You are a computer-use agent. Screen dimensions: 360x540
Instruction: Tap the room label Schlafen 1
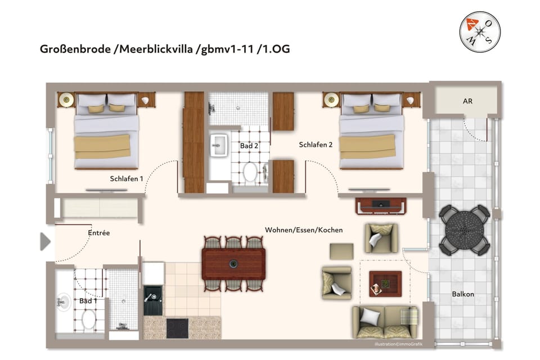126,178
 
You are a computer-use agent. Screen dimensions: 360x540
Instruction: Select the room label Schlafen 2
316,145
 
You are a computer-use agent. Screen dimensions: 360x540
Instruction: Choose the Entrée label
98,232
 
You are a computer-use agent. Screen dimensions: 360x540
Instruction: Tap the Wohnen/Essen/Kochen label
304,230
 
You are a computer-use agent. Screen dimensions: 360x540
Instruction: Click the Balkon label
463,294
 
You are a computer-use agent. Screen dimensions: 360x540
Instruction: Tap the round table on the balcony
464,229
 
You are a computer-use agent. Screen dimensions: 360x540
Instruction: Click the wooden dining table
233,263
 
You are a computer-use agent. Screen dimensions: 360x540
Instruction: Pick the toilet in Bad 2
250,172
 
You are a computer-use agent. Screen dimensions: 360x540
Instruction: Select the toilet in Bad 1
89,319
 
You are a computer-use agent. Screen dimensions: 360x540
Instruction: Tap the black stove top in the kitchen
178,327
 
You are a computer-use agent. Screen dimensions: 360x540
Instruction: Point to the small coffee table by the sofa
385,283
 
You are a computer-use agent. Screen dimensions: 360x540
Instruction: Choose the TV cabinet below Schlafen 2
381,206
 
